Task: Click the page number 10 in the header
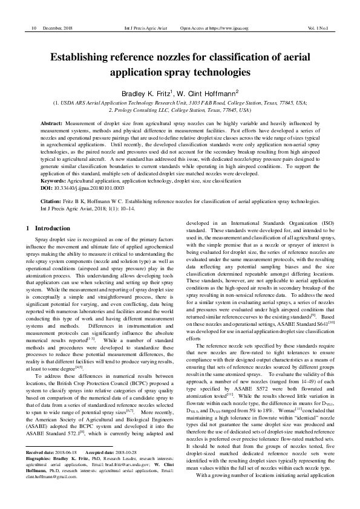[33, 28]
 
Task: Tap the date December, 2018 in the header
[58, 28]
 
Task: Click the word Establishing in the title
[85, 58]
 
